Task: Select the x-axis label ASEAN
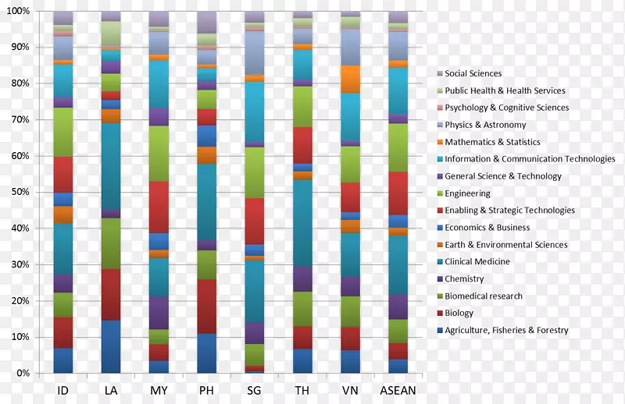398,389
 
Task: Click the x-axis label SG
254,389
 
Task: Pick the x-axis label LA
111,389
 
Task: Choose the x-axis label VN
350,389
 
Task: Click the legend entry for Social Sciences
473,73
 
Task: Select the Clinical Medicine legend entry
477,262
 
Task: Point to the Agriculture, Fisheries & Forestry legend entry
506,331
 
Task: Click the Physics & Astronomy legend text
485,125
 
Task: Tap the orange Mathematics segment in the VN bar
350,79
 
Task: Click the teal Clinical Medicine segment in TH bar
302,223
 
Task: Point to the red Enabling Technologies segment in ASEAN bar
398,193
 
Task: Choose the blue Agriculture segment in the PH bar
206,353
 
